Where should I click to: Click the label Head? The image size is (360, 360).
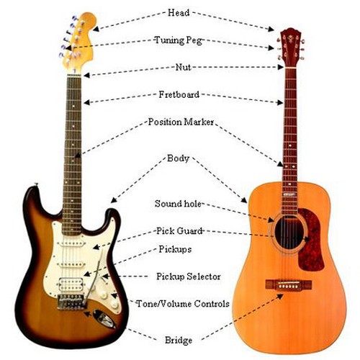(x=179, y=13)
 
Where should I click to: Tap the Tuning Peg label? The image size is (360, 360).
(x=178, y=40)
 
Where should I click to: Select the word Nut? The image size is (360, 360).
(x=183, y=67)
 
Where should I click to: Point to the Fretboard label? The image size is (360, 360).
(x=179, y=94)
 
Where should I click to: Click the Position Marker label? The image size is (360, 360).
(x=181, y=122)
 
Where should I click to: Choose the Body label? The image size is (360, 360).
(x=178, y=158)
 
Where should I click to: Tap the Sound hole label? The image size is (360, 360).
(x=178, y=204)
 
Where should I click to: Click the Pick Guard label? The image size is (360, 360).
(x=179, y=231)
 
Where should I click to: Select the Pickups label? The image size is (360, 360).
(x=175, y=250)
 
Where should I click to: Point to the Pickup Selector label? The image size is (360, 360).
(x=189, y=276)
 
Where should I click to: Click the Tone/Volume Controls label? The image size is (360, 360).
(x=183, y=304)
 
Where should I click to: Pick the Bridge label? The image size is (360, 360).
(x=179, y=341)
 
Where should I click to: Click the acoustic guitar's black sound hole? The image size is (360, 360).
(x=289, y=232)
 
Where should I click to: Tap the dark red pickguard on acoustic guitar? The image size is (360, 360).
(x=311, y=240)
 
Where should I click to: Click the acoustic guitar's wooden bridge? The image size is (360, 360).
(x=289, y=285)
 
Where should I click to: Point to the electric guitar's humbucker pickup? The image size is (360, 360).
(x=71, y=284)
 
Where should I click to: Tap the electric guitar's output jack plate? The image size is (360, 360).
(x=104, y=319)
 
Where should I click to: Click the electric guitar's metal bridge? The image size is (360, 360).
(x=71, y=302)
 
